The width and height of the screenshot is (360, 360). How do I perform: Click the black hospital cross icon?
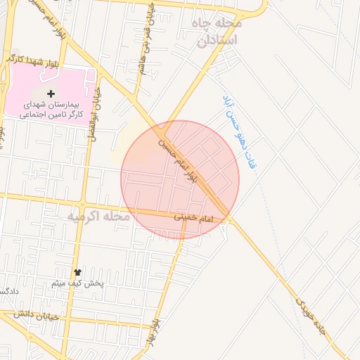click(x=50, y=94)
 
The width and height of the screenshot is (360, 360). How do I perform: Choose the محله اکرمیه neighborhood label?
click(x=98, y=216)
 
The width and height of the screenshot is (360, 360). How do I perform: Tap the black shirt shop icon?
click(x=77, y=272)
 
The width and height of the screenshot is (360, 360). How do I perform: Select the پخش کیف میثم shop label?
click(x=77, y=283)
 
